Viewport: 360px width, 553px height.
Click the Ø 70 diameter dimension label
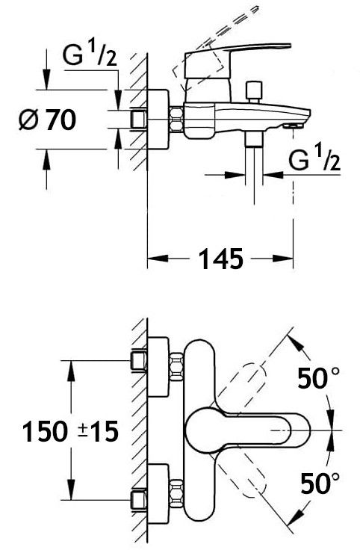[x=47, y=120]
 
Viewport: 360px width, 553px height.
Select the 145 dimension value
[x=221, y=259]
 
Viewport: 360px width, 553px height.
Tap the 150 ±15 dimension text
[x=70, y=431]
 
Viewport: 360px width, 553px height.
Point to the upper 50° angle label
[x=318, y=377]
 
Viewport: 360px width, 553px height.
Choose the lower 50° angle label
[x=320, y=483]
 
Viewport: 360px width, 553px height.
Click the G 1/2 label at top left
[x=90, y=55]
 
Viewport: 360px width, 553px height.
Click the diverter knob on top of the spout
[x=255, y=91]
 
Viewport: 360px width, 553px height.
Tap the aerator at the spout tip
[x=293, y=126]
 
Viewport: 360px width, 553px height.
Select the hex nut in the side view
[x=176, y=120]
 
